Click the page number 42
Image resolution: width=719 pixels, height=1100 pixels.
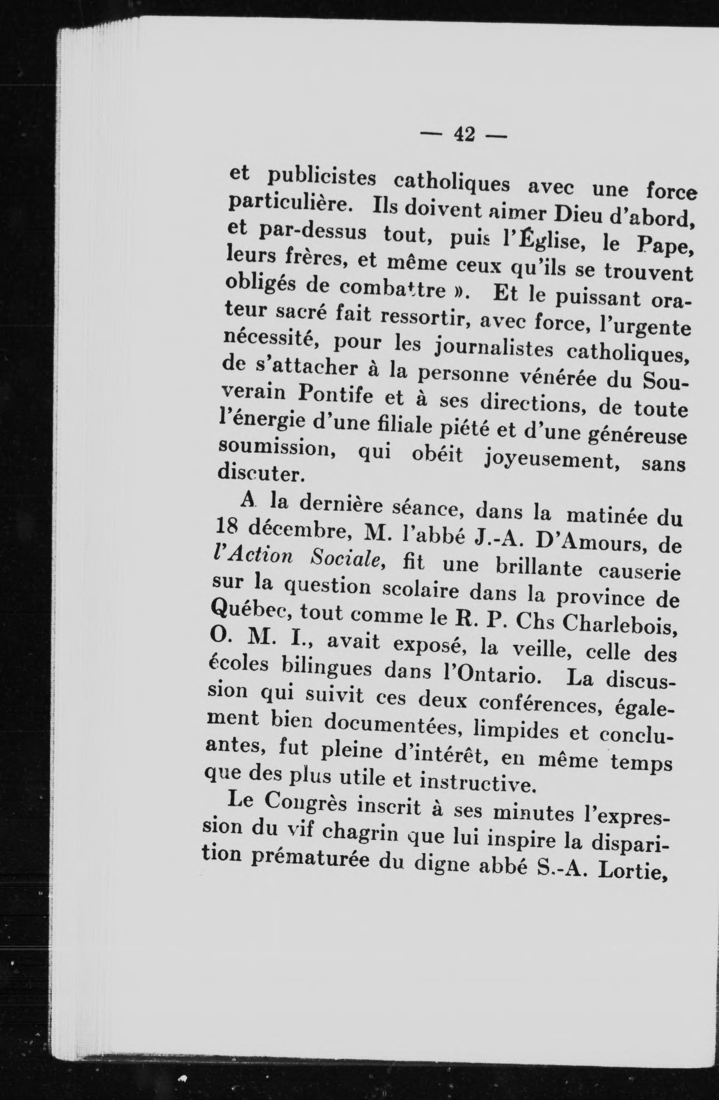click(x=464, y=135)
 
